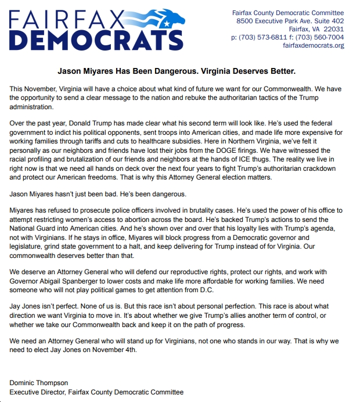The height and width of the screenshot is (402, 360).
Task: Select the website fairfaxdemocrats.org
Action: pyautogui.click(x=314, y=45)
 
